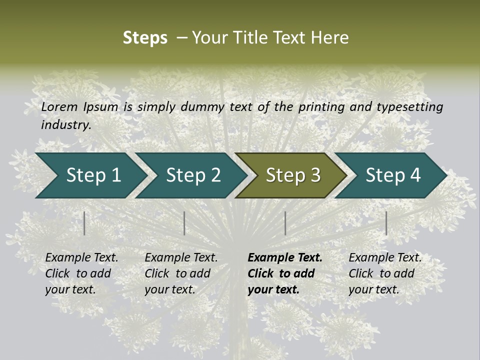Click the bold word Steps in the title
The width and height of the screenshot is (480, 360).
pyautogui.click(x=145, y=38)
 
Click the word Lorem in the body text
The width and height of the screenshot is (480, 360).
pyautogui.click(x=59, y=106)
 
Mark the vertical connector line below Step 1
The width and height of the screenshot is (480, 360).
pyautogui.click(x=84, y=223)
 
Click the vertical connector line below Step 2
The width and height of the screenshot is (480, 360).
pyautogui.click(x=184, y=223)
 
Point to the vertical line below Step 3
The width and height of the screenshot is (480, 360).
pyautogui.click(x=285, y=223)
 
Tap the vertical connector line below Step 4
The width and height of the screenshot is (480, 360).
pyautogui.click(x=386, y=223)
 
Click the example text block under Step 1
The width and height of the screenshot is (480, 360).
pyautogui.click(x=81, y=273)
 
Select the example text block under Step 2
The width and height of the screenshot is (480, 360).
pyautogui.click(x=181, y=273)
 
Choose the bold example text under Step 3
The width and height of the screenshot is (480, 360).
pyautogui.click(x=285, y=273)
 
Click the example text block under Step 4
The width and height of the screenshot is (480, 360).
pyautogui.click(x=385, y=273)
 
